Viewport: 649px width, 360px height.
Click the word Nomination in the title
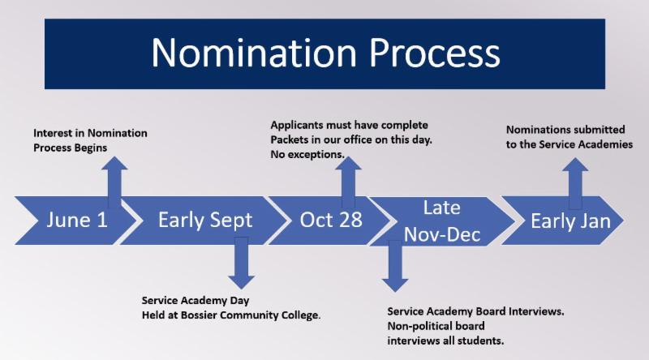(254, 53)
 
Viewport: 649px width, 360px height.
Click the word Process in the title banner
(435, 53)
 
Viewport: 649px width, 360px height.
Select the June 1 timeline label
(77, 220)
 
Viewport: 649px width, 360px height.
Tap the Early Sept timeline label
(205, 221)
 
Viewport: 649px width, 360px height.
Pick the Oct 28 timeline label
(331, 220)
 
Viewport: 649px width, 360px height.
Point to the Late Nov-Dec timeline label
(442, 221)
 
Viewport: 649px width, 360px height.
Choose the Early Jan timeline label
(571, 221)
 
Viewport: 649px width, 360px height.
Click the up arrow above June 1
(114, 182)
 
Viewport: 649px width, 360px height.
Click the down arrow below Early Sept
(241, 263)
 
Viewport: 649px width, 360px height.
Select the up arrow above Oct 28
(348, 182)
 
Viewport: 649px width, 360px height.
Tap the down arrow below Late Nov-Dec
(395, 266)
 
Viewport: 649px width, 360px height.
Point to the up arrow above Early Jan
(575, 184)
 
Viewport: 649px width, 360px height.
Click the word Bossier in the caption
(198, 315)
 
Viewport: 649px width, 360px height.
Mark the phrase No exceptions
(307, 154)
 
